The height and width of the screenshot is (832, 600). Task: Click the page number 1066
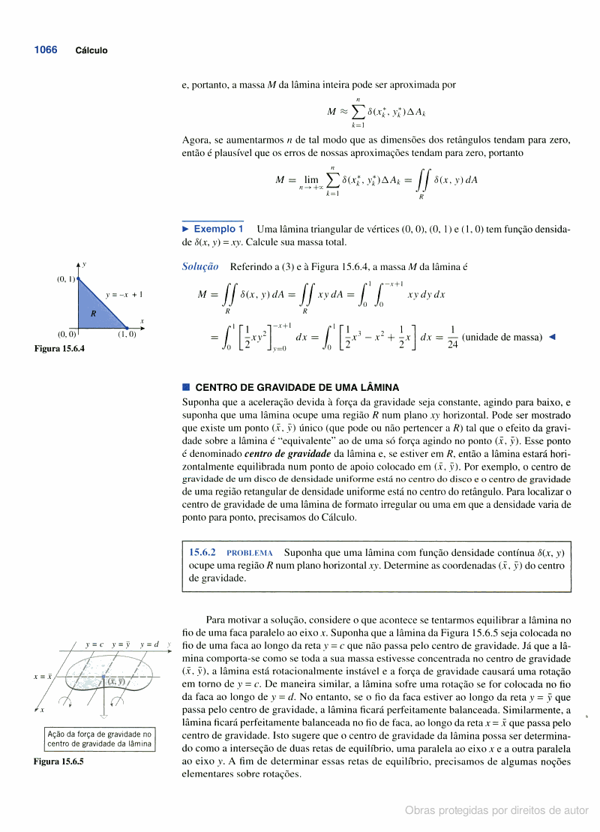[x=45, y=50]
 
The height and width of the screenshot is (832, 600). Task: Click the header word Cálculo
[x=91, y=50]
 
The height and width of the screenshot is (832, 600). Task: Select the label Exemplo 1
[x=217, y=229]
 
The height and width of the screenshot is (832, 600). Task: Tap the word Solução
[x=200, y=266]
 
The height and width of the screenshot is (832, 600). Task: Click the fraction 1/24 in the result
[x=451, y=338]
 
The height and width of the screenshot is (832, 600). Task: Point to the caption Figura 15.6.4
[x=59, y=349]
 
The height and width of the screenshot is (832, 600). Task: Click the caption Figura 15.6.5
[x=58, y=761]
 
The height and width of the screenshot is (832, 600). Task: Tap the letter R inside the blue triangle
[x=93, y=313]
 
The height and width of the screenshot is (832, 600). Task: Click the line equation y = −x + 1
[x=124, y=295]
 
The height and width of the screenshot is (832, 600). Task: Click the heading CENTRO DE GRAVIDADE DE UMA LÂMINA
[x=297, y=388]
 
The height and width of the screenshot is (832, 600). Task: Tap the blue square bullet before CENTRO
[x=186, y=388]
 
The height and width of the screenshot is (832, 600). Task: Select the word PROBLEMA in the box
[x=249, y=553]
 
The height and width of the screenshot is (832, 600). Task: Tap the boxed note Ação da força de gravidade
[x=99, y=739]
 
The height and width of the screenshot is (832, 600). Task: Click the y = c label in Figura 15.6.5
[x=94, y=644]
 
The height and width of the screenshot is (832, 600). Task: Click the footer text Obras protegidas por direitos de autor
[x=496, y=810]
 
